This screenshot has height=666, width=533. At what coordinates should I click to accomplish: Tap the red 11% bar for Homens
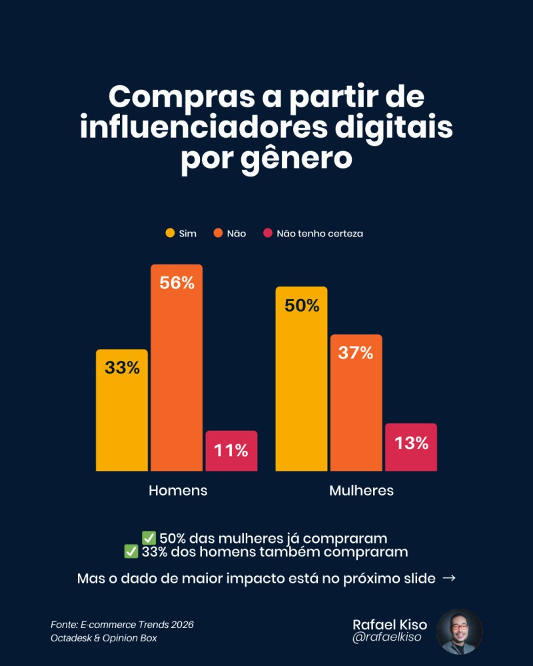coord(231,452)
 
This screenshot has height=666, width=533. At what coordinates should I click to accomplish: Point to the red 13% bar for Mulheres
coord(411,448)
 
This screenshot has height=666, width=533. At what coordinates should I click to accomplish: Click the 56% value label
coord(177,282)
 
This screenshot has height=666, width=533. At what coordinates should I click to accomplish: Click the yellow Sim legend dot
coord(170,233)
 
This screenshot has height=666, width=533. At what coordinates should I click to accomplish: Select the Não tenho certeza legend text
coord(320,234)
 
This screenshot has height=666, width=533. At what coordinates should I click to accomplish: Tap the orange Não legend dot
coord(218,233)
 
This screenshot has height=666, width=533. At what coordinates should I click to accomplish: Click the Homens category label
coord(178,490)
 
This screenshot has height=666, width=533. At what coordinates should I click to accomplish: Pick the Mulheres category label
coord(361,490)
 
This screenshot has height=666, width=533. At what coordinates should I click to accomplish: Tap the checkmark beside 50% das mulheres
coord(149,538)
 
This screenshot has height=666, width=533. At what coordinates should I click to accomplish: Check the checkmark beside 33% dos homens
coord(131,552)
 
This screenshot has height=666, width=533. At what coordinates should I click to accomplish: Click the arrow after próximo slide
coord(449,578)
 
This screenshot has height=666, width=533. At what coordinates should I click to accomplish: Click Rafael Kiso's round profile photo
coord(459,631)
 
